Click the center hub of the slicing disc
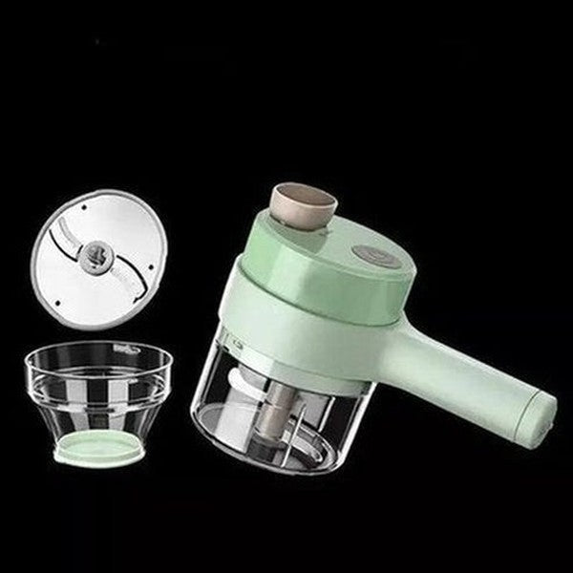pos(95,254)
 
